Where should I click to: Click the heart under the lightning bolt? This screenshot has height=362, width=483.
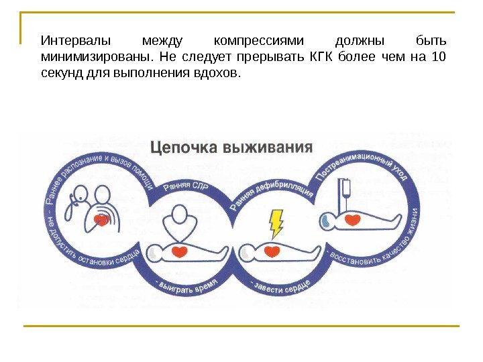[272, 251]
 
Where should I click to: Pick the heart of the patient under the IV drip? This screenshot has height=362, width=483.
[353, 220]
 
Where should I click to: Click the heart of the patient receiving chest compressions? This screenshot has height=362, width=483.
[180, 252]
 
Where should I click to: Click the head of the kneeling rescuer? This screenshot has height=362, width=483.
[179, 215]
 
